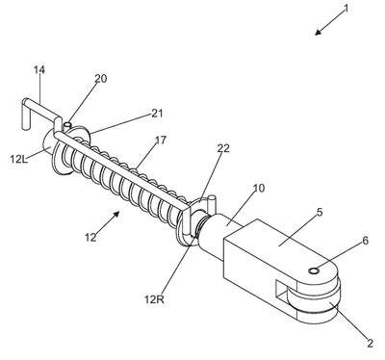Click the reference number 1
click(346, 9)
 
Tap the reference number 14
click(39, 70)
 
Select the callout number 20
click(101, 79)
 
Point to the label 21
click(157, 114)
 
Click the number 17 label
click(161, 141)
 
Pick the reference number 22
click(223, 148)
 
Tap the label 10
click(259, 189)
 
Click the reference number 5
click(320, 213)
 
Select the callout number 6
click(366, 241)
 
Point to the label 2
click(370, 344)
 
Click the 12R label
click(154, 299)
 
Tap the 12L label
click(19, 159)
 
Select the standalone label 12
click(90, 238)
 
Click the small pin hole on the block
click(314, 271)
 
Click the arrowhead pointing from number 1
click(318, 32)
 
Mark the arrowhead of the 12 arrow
click(116, 214)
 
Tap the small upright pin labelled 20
click(67, 126)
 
